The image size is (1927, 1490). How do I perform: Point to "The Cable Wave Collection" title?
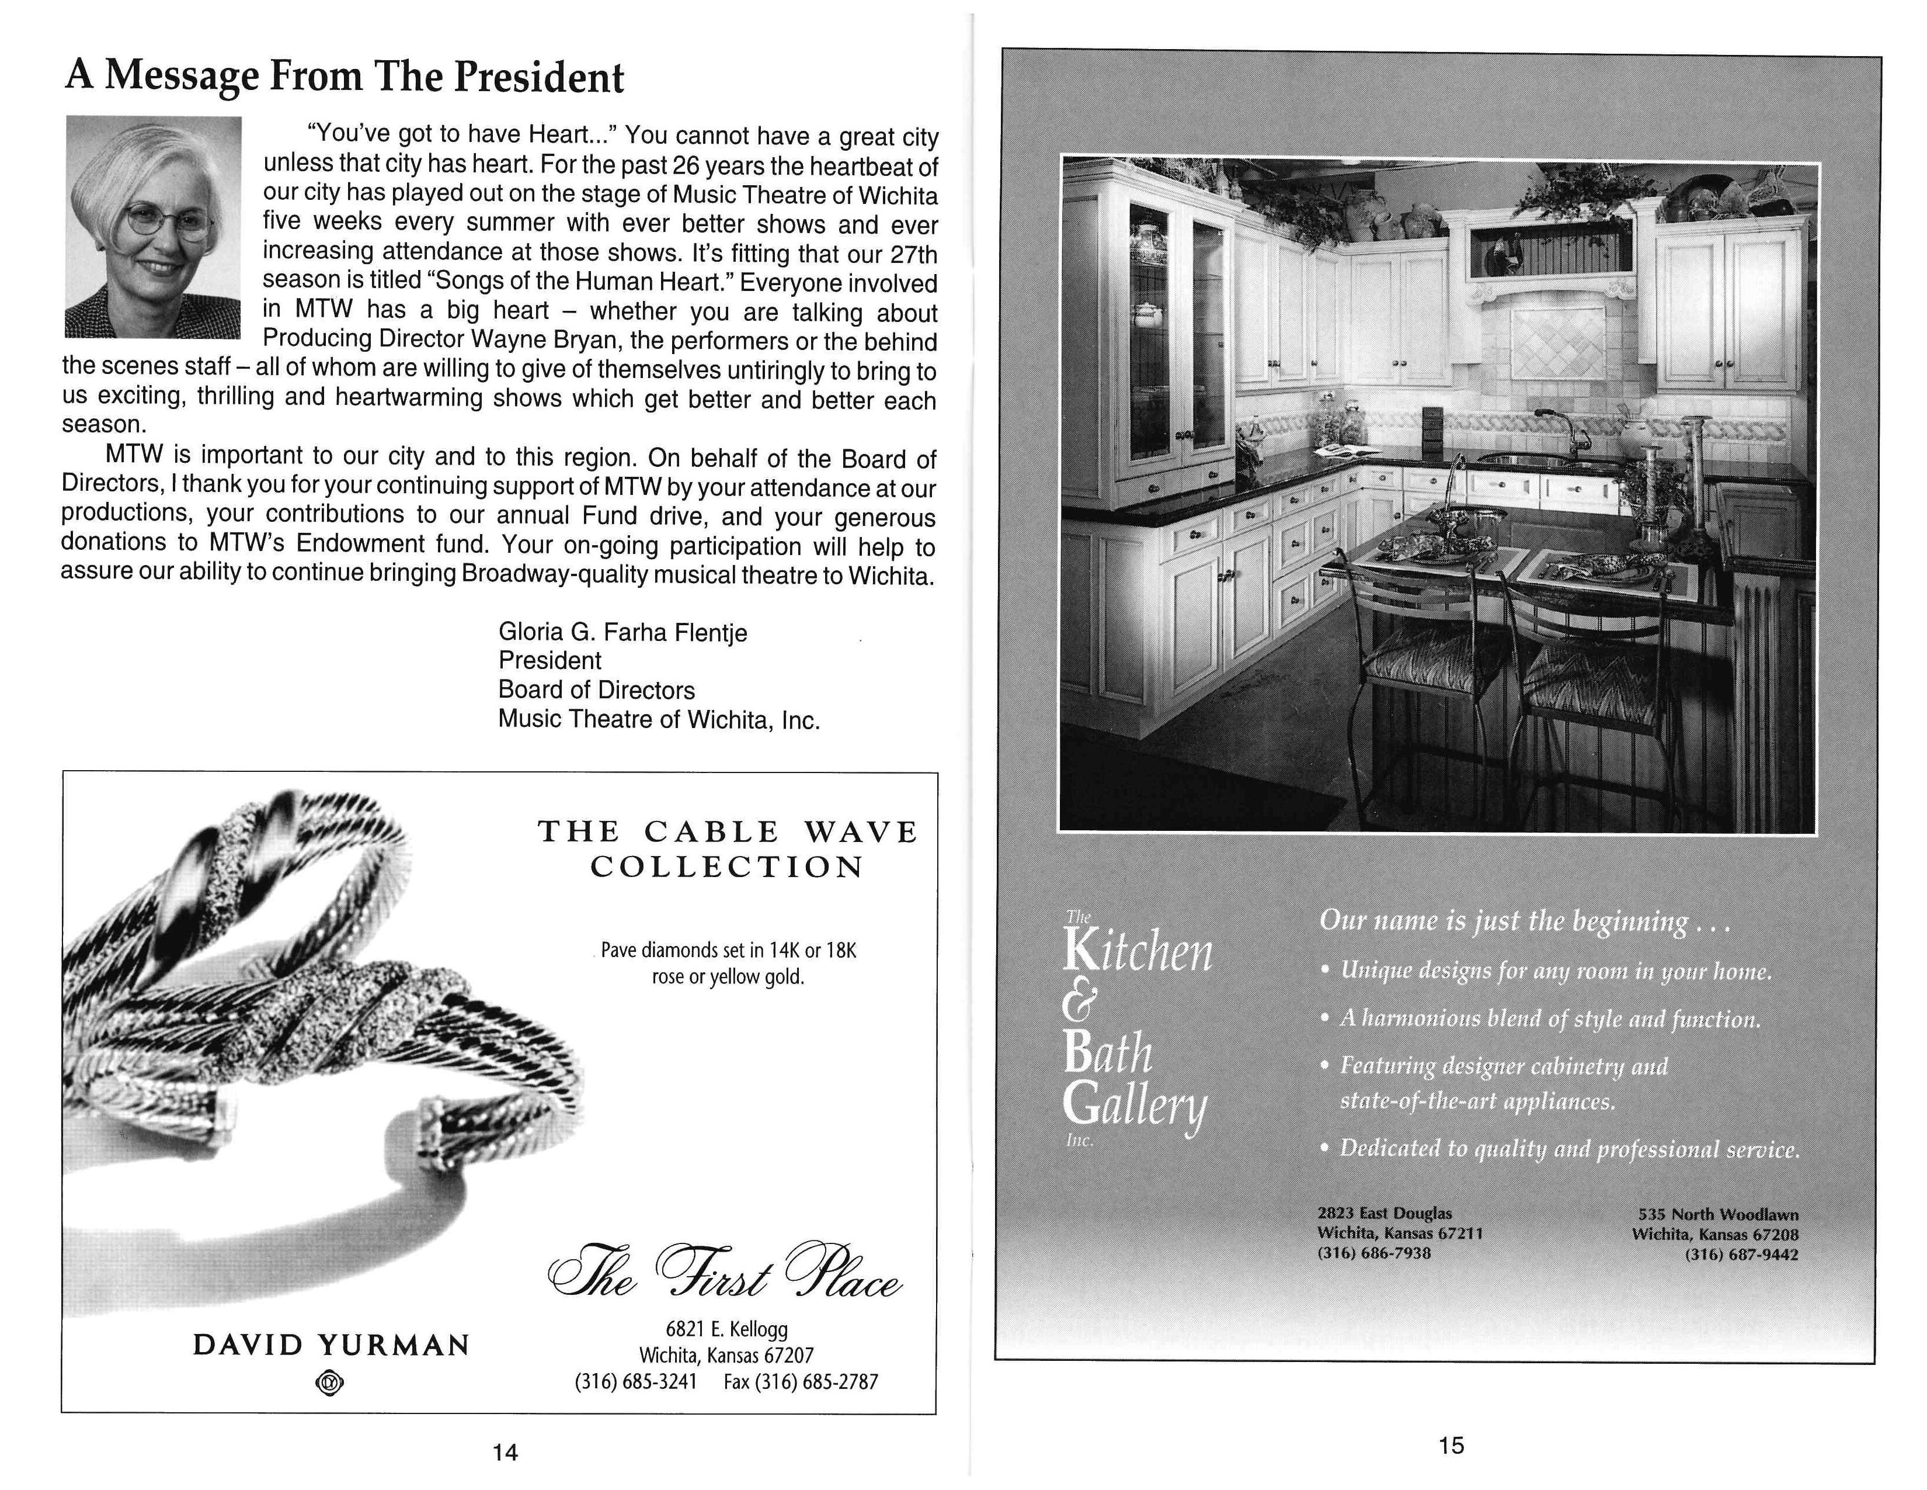click(728, 848)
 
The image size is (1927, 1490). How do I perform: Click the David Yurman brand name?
click(331, 1345)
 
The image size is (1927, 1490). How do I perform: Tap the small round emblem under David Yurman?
click(329, 1384)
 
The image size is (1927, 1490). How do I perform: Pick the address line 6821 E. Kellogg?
click(726, 1329)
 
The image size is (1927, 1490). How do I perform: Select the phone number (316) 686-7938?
click(1374, 1253)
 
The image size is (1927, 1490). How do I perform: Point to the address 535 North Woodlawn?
click(1718, 1215)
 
